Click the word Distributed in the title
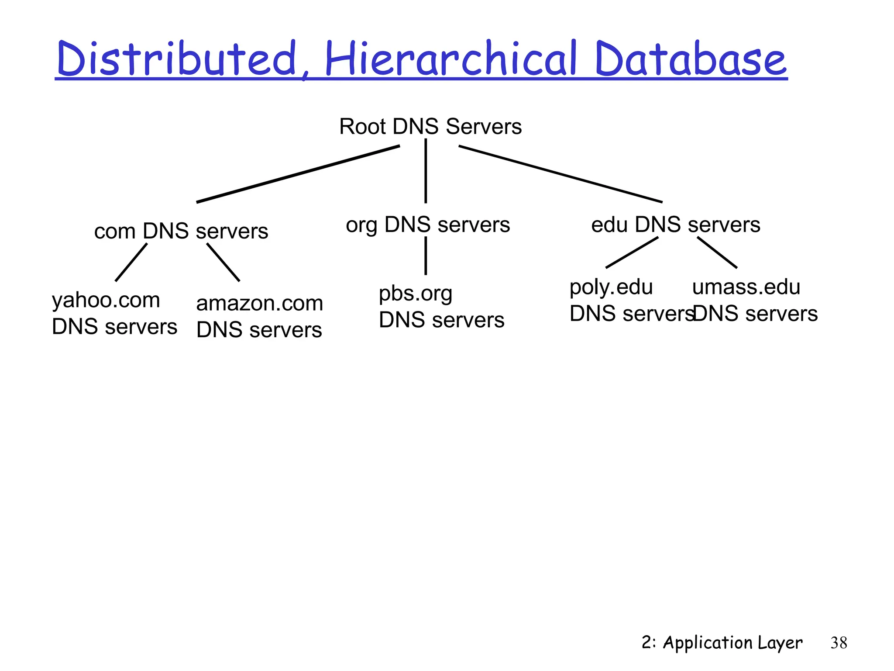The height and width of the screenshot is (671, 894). coord(177,59)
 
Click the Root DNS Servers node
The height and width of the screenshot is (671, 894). coord(430,127)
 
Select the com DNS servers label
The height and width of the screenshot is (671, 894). coord(181,231)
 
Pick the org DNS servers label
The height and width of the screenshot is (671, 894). coord(428,225)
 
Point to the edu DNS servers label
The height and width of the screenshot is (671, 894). coord(676,225)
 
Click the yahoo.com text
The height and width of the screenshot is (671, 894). coord(106,301)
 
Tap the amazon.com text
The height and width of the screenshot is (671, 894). coord(260,303)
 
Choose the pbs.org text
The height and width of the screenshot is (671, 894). coord(415,294)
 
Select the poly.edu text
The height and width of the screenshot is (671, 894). coord(611,287)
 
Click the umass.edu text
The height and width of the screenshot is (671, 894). coord(746,287)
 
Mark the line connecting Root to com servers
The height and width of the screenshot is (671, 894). coord(298,173)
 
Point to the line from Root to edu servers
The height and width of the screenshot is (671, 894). coord(560,174)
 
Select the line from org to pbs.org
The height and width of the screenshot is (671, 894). coord(426,256)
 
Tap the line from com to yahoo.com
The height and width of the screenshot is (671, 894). coord(131,262)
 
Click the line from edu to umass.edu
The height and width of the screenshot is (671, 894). coord(717,252)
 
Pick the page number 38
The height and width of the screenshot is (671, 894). coord(839,643)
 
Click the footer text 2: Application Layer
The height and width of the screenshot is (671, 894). coord(722,643)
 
